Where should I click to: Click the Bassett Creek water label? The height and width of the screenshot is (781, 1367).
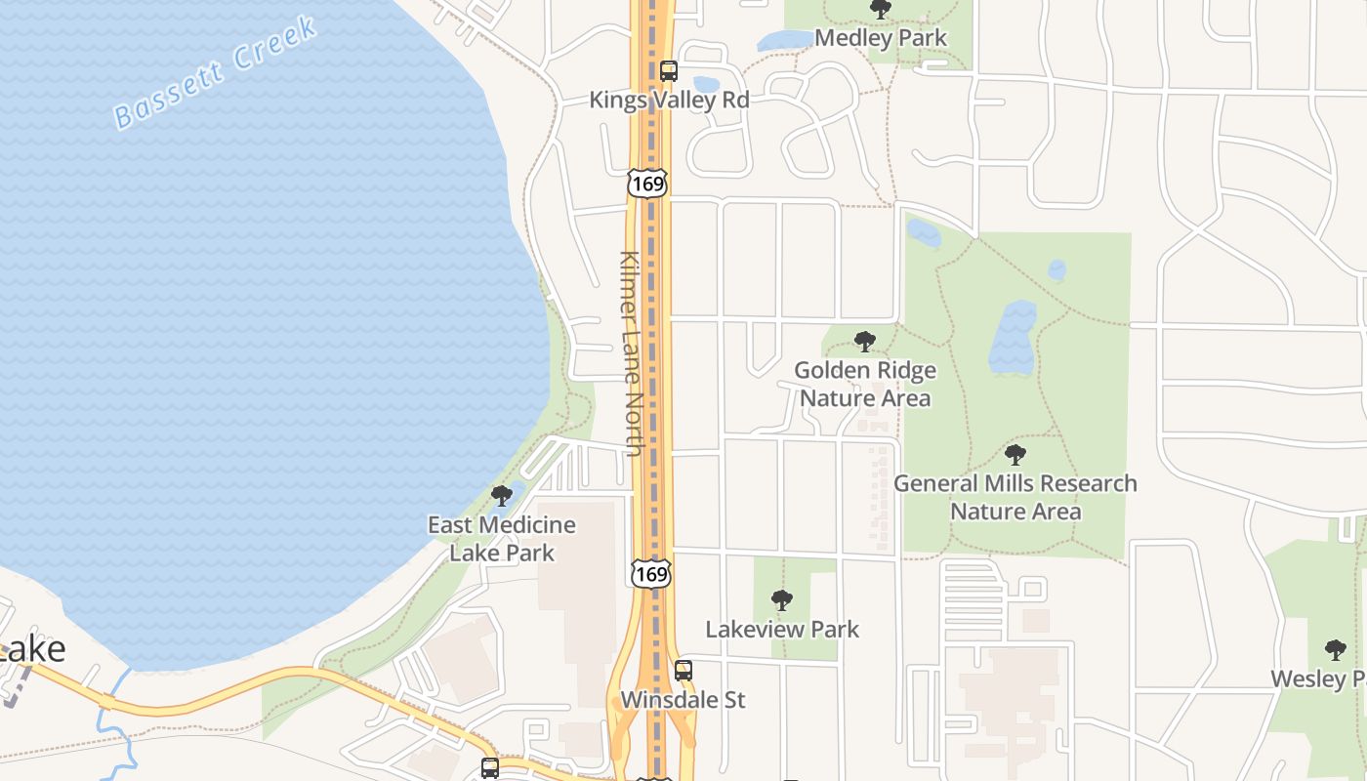coord(216,73)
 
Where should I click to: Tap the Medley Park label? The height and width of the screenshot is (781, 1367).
coord(880,38)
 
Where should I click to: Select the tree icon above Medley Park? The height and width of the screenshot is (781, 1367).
coord(881,9)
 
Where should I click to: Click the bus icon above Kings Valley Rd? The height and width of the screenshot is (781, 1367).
coord(669,70)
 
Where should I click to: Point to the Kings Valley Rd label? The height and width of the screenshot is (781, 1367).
coord(669,100)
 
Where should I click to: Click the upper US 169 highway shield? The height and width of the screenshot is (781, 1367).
coord(647,183)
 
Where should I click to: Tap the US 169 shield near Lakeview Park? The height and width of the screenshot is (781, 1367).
coord(650,574)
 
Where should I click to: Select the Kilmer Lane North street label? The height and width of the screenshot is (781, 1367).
coord(631,353)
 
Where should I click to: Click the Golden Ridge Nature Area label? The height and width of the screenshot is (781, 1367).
coord(864,384)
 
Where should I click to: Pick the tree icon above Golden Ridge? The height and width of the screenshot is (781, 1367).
coord(864,342)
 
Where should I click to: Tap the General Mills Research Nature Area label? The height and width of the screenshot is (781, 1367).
coord(1015,497)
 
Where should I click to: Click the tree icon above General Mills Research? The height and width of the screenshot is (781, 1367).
coord(1015,454)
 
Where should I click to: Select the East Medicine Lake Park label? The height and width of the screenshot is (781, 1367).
coord(502,538)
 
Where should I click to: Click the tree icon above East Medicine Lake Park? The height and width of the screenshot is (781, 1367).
coord(502,496)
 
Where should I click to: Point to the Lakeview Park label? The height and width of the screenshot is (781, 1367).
coord(782,630)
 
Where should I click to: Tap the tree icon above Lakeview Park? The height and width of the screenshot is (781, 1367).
coord(781,600)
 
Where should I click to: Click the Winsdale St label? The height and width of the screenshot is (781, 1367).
coord(683,700)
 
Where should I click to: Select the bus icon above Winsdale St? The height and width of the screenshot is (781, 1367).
coord(683,671)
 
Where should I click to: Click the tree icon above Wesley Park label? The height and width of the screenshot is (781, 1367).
coord(1335,650)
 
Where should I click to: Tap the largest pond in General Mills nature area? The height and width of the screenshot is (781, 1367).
coord(1012,338)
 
